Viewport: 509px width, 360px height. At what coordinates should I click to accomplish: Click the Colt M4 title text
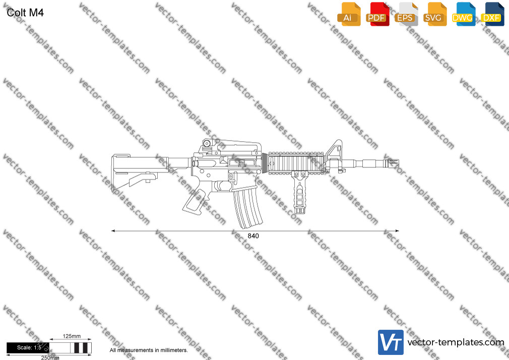coord(25,13)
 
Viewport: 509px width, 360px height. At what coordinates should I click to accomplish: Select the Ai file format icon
coord(349,14)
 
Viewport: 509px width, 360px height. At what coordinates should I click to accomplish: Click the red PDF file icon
coord(377,14)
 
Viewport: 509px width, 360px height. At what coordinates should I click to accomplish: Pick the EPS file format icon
coord(406,14)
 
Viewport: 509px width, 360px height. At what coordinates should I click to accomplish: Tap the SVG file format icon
coord(434,14)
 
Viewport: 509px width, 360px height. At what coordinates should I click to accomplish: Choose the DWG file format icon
coord(463,14)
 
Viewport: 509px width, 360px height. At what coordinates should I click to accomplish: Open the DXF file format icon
coord(492,14)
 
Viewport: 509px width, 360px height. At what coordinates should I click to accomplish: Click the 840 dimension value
coord(253,236)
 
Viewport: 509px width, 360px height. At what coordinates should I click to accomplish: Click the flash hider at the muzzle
coord(392,163)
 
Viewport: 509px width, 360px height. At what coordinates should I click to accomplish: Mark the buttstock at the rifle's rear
coord(135,173)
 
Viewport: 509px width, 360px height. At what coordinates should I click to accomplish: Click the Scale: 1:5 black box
coord(28,348)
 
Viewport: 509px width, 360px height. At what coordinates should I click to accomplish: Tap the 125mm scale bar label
coord(72,336)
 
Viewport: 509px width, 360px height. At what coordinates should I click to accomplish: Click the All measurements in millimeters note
coord(149,350)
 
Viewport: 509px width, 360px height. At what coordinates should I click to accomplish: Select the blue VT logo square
coord(391,342)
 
